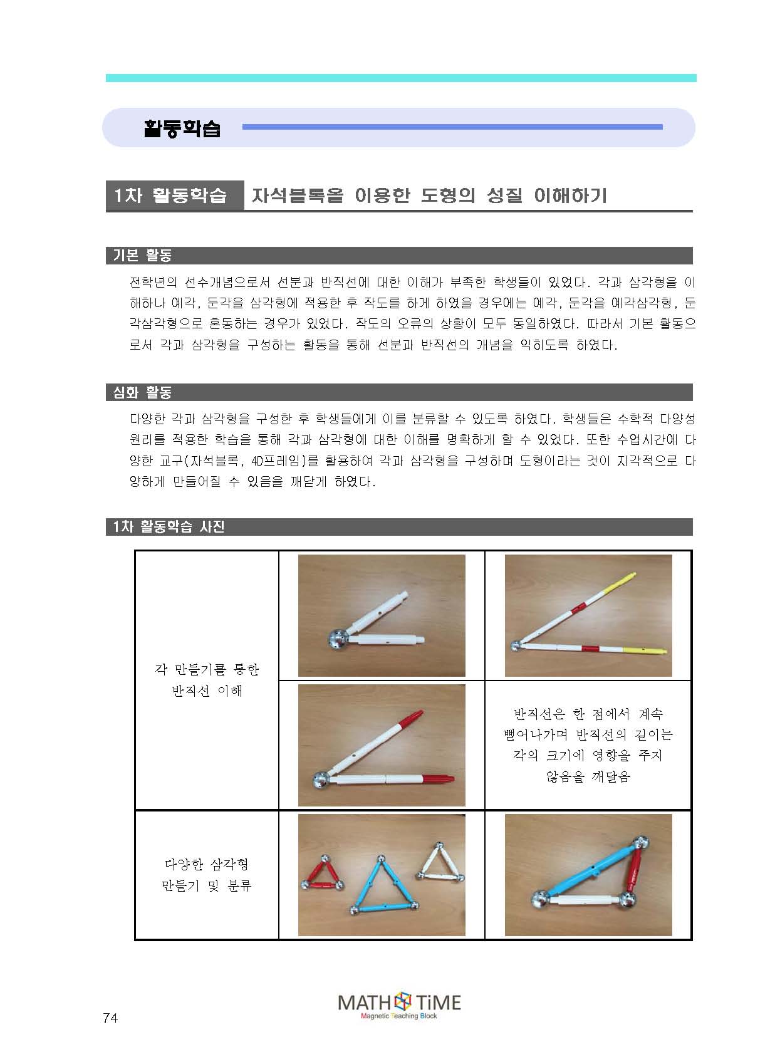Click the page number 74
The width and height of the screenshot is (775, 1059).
(110, 1018)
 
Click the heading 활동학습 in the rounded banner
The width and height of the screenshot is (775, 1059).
(182, 128)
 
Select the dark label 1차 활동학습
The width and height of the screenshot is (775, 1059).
(170, 196)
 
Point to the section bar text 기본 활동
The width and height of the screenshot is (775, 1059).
(142, 255)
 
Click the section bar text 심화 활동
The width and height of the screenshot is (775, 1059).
(142, 392)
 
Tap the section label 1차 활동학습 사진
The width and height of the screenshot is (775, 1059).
(169, 526)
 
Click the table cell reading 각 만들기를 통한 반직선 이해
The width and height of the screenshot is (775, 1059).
(207, 680)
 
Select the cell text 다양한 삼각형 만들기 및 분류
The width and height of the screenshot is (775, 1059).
(207, 875)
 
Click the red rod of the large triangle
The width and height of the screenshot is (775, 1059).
(634, 870)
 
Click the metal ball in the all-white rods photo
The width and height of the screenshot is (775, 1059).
(338, 639)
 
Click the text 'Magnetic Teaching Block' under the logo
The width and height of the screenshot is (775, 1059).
(399, 1016)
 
